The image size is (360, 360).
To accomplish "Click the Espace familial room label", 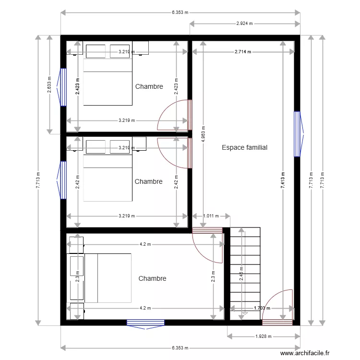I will point(244,148).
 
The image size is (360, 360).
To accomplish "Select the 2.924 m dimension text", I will point(245,23).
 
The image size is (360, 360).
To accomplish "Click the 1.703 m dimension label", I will point(262,309).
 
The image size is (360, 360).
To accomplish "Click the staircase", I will point(245,271).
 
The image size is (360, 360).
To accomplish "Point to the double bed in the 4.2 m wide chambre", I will point(108,278).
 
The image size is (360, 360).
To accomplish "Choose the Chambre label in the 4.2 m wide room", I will point(152,278).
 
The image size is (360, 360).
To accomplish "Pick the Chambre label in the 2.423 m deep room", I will point(149,87).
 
